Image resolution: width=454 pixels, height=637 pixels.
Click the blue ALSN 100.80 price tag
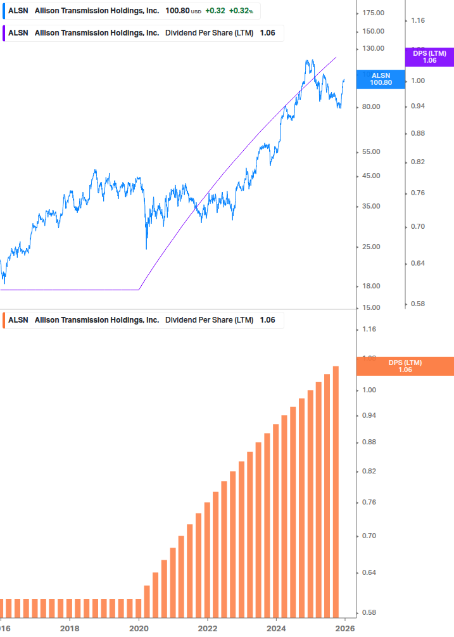[381, 79]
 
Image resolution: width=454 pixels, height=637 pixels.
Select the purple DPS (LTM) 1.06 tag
[429, 57]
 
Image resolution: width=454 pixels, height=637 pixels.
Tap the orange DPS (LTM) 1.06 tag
[405, 366]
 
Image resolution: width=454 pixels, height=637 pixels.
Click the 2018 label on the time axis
[70, 629]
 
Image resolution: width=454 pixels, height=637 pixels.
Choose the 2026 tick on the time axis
[344, 629]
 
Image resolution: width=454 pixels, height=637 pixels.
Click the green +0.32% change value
[241, 11]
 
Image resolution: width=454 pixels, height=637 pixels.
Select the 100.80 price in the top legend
[177, 11]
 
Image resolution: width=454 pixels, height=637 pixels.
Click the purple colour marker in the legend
[4, 33]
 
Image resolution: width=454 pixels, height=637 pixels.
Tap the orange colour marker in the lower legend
[4, 320]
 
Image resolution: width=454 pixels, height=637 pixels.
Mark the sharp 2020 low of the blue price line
[146, 248]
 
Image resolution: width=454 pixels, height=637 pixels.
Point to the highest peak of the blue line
[307, 61]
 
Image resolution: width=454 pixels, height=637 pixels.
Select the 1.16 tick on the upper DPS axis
[417, 21]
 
